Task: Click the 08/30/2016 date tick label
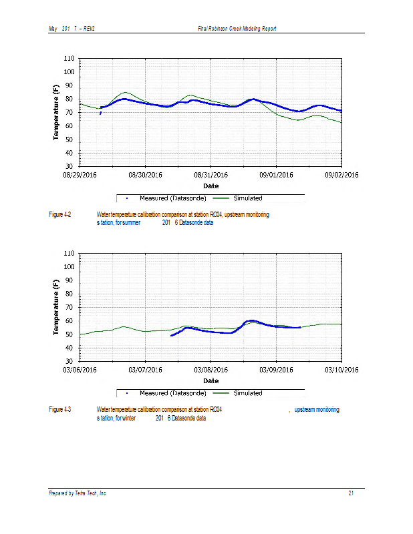(x=145, y=175)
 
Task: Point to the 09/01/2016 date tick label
(x=276, y=175)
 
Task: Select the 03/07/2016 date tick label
(x=145, y=370)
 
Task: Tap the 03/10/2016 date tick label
(x=341, y=370)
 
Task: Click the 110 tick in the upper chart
(x=69, y=59)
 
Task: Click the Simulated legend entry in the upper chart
(x=247, y=198)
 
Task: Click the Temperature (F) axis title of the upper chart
(x=57, y=112)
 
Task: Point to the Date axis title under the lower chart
(x=211, y=381)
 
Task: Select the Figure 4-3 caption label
(x=60, y=409)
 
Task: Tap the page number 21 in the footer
(x=351, y=493)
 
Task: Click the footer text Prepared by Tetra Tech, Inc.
(x=78, y=493)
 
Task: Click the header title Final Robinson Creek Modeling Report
(x=237, y=29)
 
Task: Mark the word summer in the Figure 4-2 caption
(x=130, y=223)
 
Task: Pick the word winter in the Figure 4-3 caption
(x=125, y=418)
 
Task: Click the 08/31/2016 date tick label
(x=211, y=175)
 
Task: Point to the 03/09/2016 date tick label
(x=276, y=370)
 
